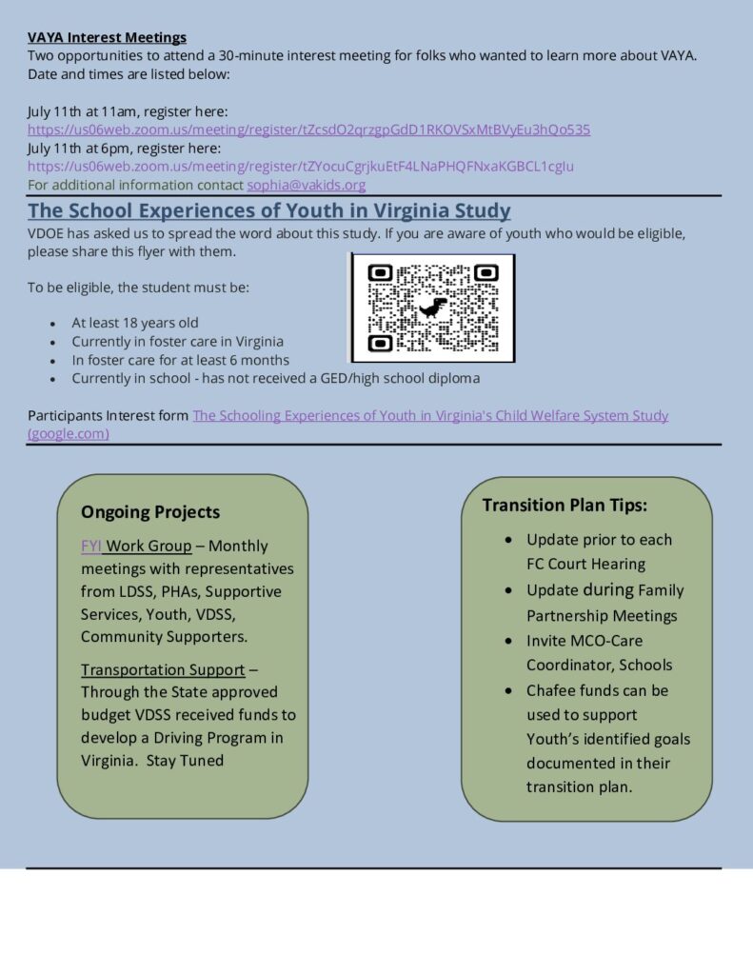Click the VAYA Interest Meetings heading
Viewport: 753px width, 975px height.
click(107, 37)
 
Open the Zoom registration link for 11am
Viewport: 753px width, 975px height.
click(308, 129)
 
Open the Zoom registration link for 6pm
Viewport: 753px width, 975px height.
click(300, 167)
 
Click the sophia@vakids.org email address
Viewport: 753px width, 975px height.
click(306, 185)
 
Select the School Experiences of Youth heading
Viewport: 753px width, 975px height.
click(268, 211)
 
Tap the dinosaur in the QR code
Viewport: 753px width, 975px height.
click(433, 307)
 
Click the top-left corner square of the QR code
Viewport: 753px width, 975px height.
click(381, 273)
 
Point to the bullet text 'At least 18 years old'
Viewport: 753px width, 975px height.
click(135, 323)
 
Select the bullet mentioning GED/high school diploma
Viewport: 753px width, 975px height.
click(275, 378)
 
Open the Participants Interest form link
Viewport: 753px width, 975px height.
click(430, 416)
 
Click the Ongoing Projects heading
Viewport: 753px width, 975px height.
click(150, 512)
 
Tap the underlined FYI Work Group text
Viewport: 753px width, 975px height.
click(136, 547)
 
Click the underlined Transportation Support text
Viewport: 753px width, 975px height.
click(163, 670)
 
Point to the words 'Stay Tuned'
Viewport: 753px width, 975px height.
click(186, 761)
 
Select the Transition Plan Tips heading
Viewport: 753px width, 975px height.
click(565, 506)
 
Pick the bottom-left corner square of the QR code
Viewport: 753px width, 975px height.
click(381, 343)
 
